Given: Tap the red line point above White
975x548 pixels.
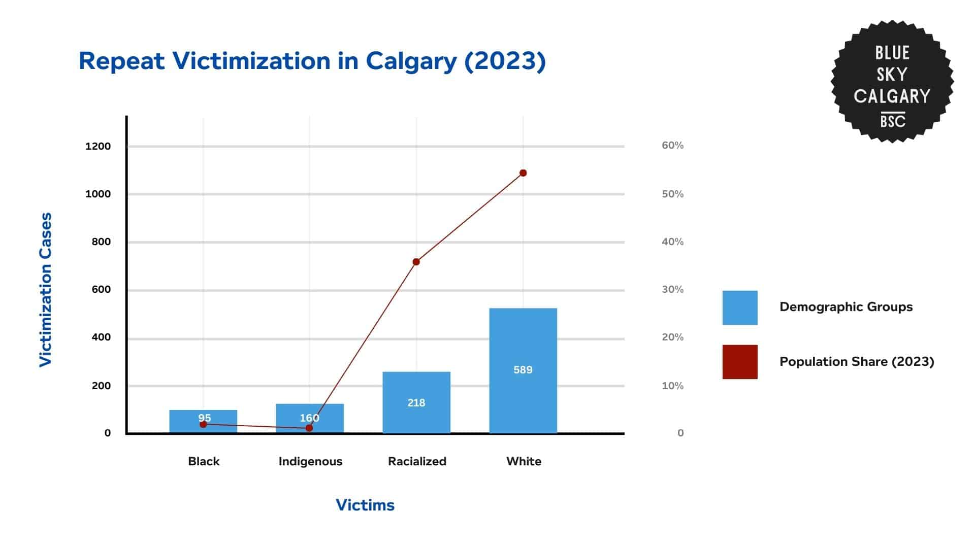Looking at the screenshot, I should tap(523, 173).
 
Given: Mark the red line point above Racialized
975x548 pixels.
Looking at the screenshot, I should tap(416, 262).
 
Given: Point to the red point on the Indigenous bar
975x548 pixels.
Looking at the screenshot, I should tap(309, 428).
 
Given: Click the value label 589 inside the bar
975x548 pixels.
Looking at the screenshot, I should tap(523, 370).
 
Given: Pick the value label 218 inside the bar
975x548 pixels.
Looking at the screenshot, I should tap(416, 403).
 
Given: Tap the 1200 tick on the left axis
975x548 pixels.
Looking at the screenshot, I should tap(98, 147).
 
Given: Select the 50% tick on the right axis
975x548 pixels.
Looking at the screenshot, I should tap(672, 194).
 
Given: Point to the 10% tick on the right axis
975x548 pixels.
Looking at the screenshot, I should tap(672, 386).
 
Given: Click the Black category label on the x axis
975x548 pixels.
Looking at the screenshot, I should tap(204, 461).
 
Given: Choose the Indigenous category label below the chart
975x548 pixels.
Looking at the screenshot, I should tap(310, 461).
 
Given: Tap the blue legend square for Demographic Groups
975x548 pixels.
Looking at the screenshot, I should tap(740, 307).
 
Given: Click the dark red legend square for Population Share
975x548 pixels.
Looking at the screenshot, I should tap(740, 362).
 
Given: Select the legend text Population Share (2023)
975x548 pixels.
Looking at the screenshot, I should tap(857, 362).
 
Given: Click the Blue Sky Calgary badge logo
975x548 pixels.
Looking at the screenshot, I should tap(892, 81).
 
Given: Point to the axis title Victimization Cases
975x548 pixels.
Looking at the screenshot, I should tap(46, 289).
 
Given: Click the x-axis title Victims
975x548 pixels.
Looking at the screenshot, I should tap(365, 505).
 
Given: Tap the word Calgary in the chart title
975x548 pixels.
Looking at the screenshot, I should tap(411, 61).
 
